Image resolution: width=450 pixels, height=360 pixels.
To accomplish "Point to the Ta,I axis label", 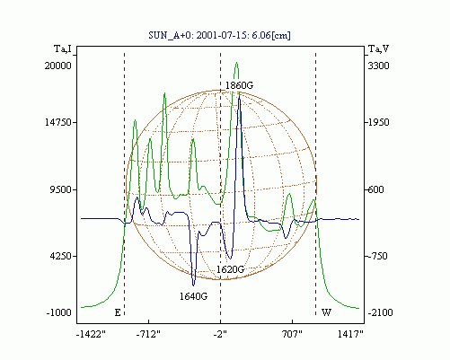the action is click(x=63, y=48).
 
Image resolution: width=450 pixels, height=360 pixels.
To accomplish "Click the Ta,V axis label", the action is click(x=378, y=48).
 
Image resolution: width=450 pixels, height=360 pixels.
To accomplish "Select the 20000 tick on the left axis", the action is click(x=58, y=66).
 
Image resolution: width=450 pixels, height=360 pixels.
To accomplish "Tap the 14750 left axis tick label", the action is click(x=58, y=122).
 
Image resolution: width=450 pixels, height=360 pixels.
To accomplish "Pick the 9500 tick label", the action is click(x=62, y=189).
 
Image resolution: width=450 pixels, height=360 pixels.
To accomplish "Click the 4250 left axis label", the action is click(x=62, y=256).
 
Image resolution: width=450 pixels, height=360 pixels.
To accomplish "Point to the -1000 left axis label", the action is click(x=59, y=312).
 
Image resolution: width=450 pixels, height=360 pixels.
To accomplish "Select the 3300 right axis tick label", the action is click(x=378, y=66).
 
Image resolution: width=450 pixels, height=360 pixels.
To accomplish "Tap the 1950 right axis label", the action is click(x=378, y=122).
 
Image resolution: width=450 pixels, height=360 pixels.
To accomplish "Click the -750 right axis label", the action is click(x=378, y=256).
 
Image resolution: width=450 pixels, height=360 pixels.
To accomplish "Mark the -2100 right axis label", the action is click(x=380, y=312).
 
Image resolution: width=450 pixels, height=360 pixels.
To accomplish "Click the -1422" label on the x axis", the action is click(x=91, y=334).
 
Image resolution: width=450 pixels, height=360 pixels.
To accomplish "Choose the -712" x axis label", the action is click(x=148, y=334).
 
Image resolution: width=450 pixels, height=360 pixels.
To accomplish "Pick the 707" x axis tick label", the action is click(x=292, y=334).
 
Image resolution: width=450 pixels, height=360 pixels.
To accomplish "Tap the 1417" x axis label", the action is click(x=350, y=334).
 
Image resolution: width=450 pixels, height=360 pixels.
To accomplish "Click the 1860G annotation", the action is click(x=239, y=85).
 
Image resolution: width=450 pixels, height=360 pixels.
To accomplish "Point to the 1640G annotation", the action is click(x=193, y=296).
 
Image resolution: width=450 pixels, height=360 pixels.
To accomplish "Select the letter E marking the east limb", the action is click(x=118, y=312).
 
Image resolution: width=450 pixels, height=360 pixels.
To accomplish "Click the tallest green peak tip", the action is click(x=237, y=62).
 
